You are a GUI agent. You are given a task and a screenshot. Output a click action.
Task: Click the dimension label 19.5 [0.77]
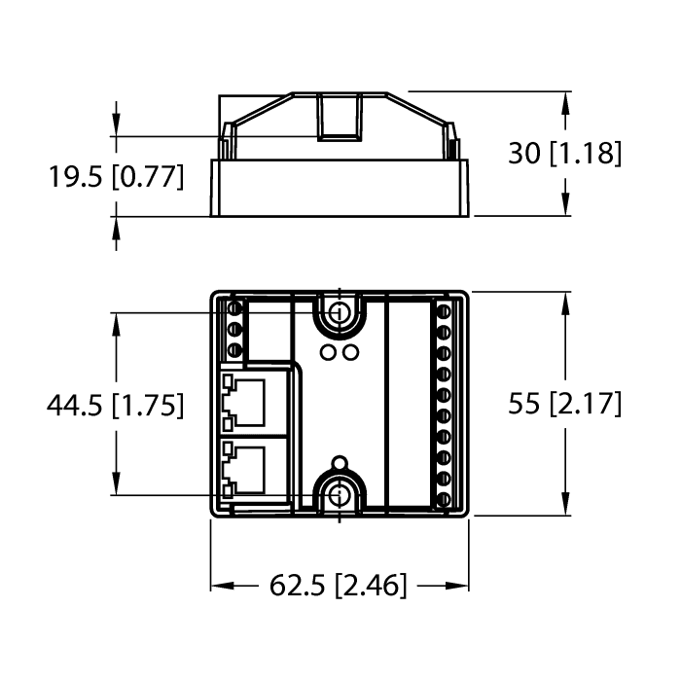point(115,177)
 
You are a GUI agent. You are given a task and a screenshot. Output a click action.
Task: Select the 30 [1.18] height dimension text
point(565,153)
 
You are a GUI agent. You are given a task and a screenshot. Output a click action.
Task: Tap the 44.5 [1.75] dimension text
point(115,405)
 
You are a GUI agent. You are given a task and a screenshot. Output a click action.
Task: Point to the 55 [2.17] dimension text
point(565,405)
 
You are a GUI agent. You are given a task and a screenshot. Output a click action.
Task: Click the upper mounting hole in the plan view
point(339,313)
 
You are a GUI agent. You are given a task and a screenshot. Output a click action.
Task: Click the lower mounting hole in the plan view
point(339,494)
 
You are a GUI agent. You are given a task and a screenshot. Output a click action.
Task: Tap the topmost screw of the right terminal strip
point(445,311)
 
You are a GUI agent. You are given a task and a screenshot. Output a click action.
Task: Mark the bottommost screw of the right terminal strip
point(445,500)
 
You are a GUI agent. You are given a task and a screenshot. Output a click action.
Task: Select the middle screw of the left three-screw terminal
point(233,332)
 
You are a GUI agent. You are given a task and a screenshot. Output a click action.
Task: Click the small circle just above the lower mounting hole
point(340,461)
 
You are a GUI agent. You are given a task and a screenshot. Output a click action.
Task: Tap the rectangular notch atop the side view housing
point(339,116)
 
